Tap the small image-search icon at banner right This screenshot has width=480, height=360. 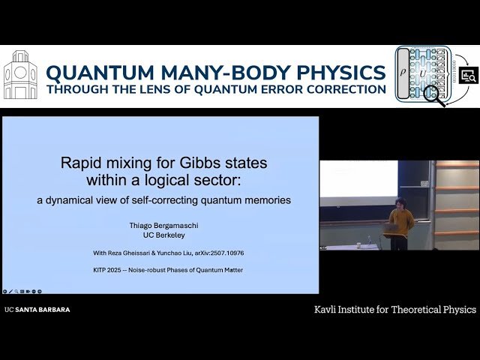(x=468, y=75)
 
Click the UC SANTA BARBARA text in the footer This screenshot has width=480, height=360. (x=37, y=309)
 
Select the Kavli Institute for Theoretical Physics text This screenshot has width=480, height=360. (x=394, y=309)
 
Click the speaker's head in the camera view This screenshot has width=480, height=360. (x=400, y=203)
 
